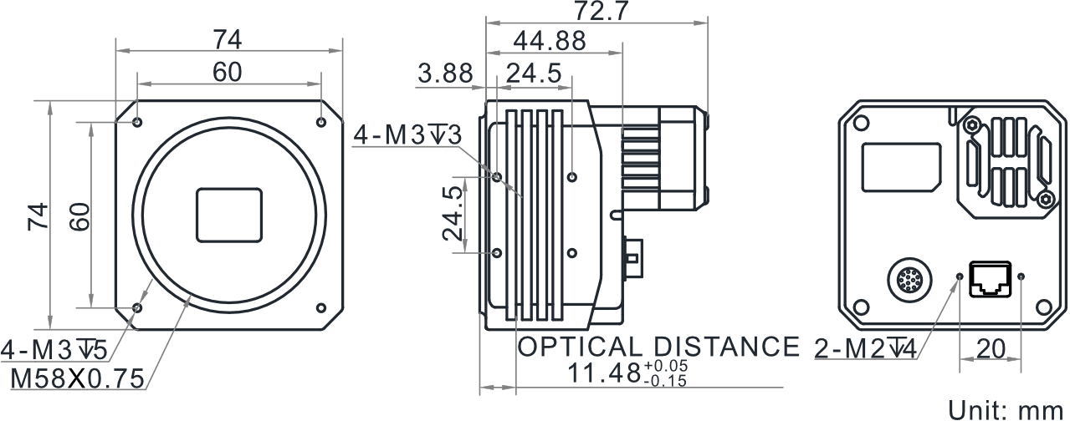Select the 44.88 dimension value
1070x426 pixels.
[550, 41]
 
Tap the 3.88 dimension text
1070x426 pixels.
[445, 74]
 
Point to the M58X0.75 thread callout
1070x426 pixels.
[77, 378]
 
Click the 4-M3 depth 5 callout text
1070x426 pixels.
[54, 351]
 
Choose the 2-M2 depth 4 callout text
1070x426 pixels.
[865, 349]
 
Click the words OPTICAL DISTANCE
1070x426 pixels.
[658, 347]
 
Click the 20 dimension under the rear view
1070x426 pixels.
[991, 349]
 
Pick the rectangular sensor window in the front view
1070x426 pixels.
[229, 216]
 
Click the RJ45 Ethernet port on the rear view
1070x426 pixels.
[991, 280]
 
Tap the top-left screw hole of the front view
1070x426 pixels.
[137, 122]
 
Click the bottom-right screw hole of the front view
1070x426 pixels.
[321, 307]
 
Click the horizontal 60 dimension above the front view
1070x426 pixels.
[228, 73]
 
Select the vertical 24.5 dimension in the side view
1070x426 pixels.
[452, 213]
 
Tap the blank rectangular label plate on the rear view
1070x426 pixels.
[901, 167]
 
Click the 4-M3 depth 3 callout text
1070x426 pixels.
[407, 135]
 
